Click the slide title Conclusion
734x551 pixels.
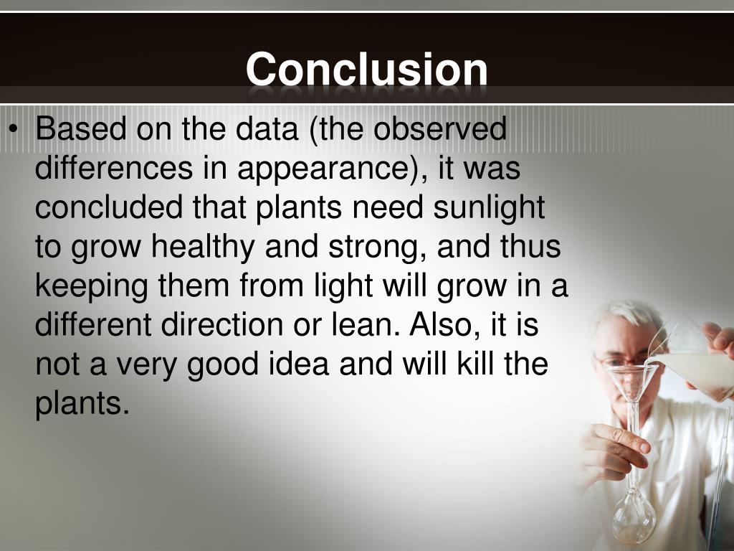click(x=366, y=70)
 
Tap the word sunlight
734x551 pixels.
click(x=489, y=209)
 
